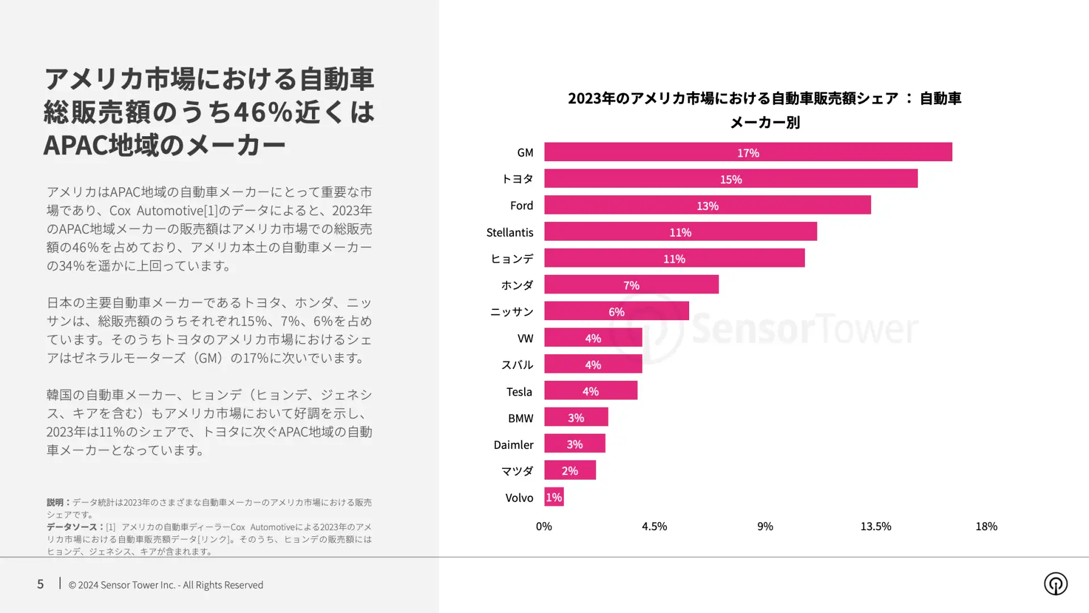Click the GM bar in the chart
click(748, 152)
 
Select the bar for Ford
click(707, 205)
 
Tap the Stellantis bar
click(680, 232)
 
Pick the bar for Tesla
click(590, 391)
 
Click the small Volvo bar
click(554, 497)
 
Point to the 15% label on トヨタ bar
click(731, 179)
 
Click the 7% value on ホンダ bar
click(631, 285)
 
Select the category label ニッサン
click(512, 312)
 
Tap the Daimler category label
click(513, 444)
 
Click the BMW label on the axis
click(520, 418)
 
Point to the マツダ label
click(517, 471)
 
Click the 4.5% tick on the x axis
click(654, 526)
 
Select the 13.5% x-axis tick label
click(875, 526)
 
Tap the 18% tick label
click(986, 526)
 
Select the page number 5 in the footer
click(40, 584)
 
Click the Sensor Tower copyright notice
click(166, 585)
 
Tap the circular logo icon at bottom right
click(1055, 583)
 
